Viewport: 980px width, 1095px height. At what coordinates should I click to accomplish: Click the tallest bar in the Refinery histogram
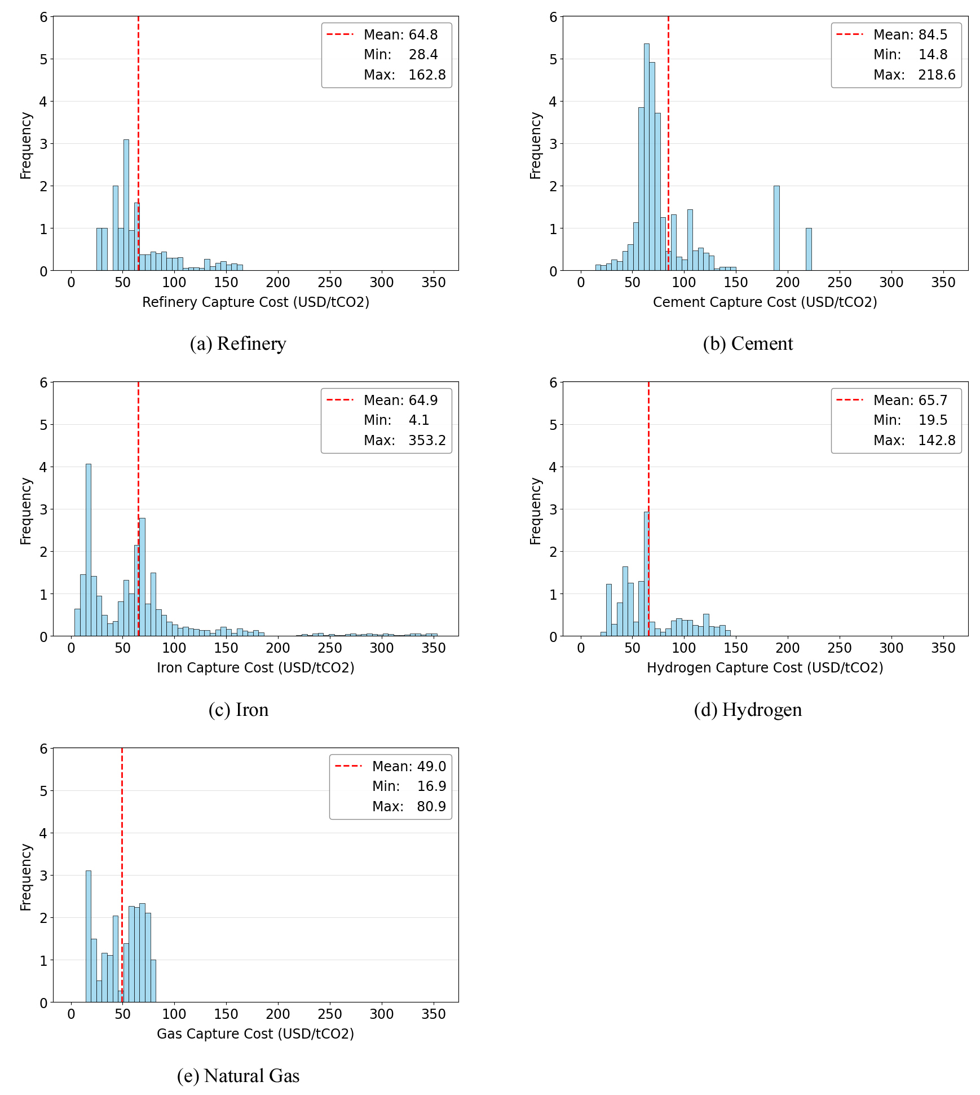pyautogui.click(x=126, y=205)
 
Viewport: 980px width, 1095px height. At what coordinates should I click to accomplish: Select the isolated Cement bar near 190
pyautogui.click(x=776, y=228)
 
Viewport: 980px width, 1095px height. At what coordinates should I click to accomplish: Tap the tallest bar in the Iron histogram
pyautogui.click(x=89, y=550)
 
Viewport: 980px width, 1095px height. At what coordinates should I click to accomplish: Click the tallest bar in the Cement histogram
pyautogui.click(x=647, y=157)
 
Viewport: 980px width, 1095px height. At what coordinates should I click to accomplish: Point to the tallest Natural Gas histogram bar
pyautogui.click(x=89, y=936)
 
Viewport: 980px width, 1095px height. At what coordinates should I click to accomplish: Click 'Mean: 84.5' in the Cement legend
pyautogui.click(x=910, y=35)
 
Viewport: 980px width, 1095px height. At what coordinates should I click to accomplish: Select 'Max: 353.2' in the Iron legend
pyautogui.click(x=404, y=441)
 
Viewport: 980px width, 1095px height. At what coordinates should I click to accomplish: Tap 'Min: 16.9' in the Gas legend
pyautogui.click(x=409, y=786)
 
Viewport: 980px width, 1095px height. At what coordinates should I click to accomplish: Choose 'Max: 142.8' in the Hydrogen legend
pyautogui.click(x=914, y=441)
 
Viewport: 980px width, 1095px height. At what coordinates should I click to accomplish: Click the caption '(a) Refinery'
pyautogui.click(x=238, y=344)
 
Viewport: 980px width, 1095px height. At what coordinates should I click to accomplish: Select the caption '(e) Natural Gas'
pyautogui.click(x=238, y=1076)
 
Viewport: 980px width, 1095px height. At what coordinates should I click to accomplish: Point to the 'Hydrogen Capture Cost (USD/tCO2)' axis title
pyautogui.click(x=765, y=668)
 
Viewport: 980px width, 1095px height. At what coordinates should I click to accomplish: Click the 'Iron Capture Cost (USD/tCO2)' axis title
pyautogui.click(x=255, y=668)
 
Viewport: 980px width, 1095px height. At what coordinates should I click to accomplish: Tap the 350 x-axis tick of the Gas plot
pyautogui.click(x=433, y=1014)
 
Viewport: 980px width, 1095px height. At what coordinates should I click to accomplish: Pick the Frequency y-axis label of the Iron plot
pyautogui.click(x=26, y=511)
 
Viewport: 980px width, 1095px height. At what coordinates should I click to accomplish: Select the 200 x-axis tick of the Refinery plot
pyautogui.click(x=278, y=283)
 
